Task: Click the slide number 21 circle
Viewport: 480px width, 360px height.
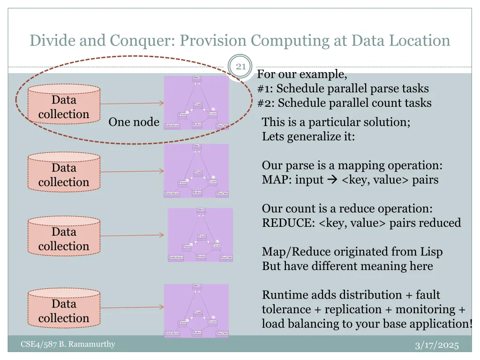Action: (x=240, y=67)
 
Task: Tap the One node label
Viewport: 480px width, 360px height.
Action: (x=134, y=122)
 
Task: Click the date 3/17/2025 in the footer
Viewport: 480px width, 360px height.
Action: (x=437, y=346)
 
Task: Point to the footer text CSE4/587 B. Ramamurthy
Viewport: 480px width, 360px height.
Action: (x=68, y=345)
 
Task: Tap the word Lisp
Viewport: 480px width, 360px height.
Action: (x=431, y=252)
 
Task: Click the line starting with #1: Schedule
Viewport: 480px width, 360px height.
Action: (x=343, y=89)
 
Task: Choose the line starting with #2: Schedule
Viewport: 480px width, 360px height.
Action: (x=345, y=103)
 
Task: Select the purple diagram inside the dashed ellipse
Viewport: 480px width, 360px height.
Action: (x=196, y=103)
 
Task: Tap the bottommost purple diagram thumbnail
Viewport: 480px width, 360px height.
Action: (x=196, y=310)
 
